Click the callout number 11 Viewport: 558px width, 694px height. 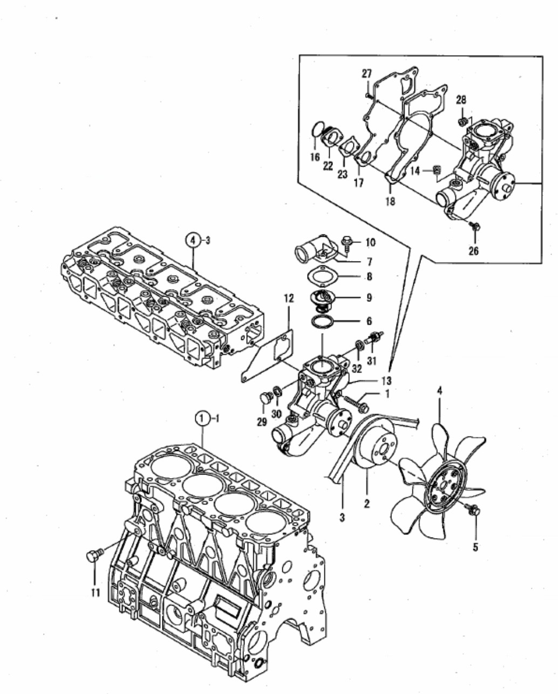pyautogui.click(x=96, y=593)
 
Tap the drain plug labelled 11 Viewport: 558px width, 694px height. pyautogui.click(x=94, y=555)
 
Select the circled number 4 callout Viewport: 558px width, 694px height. pyautogui.click(x=193, y=241)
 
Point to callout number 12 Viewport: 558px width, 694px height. pyautogui.click(x=289, y=298)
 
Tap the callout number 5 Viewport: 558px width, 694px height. pyautogui.click(x=475, y=547)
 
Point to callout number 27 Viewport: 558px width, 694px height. pyautogui.click(x=366, y=74)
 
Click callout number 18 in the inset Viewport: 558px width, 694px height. pyautogui.click(x=390, y=201)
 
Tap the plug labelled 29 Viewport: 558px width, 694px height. pyautogui.click(x=266, y=398)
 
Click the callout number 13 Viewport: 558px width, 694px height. pyautogui.click(x=386, y=381)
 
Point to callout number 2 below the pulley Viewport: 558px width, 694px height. pyautogui.click(x=366, y=503)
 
